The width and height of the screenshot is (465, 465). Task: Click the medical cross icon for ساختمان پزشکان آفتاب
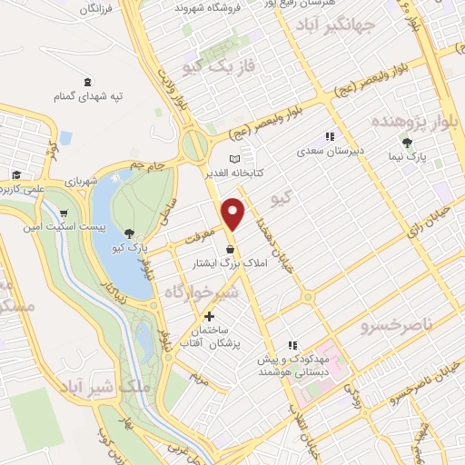coord(210,317)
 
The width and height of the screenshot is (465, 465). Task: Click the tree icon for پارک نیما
coord(407,142)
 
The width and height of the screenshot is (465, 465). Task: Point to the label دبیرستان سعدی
coord(320,151)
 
